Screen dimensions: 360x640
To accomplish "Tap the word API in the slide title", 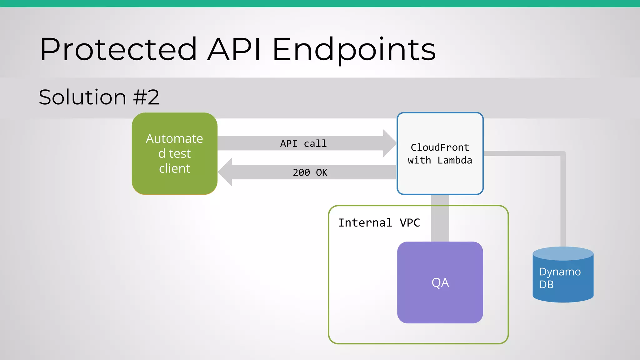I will point(234,49).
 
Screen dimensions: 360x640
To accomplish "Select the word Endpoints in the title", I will point(354,49).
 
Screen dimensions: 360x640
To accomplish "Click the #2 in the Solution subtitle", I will point(146,97).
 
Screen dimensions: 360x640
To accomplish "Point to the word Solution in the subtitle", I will point(82,97).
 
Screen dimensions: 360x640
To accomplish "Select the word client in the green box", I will point(174,168).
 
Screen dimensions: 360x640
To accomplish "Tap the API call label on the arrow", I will point(303,143).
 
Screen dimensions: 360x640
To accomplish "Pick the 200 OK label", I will point(310,172).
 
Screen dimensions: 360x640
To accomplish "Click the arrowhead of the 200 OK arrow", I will point(225,172).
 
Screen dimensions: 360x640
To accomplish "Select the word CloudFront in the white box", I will point(440,147).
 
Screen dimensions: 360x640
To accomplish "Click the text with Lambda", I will point(440,160).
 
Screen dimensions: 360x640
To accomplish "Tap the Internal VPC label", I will point(379,223).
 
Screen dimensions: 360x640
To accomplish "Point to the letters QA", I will point(440,282).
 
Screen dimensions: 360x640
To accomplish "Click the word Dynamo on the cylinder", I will point(560,272).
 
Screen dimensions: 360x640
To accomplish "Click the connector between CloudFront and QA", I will point(440,219).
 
